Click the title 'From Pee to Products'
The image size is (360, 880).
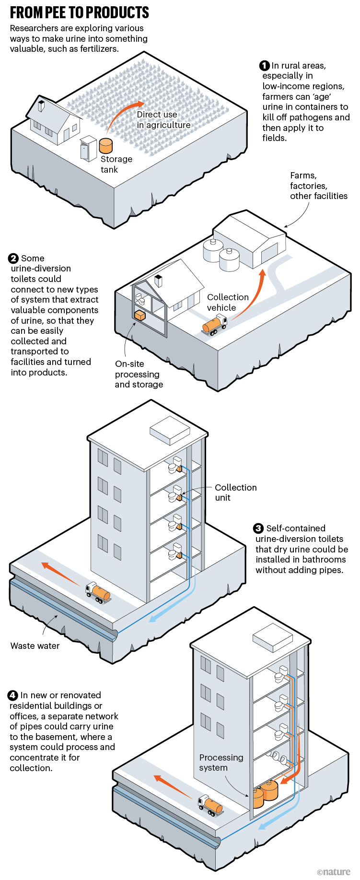[80, 12]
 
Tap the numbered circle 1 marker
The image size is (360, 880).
[264, 66]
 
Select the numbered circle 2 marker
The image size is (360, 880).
[13, 258]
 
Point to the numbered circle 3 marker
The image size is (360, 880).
[258, 528]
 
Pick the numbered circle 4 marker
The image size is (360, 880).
[13, 695]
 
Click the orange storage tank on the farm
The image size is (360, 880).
[106, 145]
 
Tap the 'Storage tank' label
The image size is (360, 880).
[116, 164]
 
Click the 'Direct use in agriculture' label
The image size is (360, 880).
[163, 120]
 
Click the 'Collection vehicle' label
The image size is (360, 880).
[227, 303]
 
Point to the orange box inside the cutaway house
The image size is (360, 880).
[140, 316]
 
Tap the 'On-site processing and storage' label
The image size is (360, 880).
[139, 374]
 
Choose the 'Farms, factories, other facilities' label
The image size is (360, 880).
[318, 186]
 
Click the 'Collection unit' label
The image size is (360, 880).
[235, 493]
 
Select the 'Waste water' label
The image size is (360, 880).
[35, 646]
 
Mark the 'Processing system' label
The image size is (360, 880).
[221, 763]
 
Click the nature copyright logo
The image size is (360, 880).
[334, 872]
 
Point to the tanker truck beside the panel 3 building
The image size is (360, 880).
[99, 593]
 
